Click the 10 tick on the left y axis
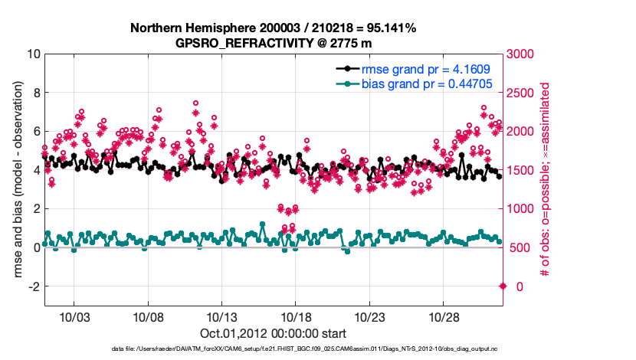[x=33, y=54]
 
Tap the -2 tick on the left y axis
[x=33, y=286]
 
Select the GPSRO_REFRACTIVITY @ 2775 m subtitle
[x=273, y=42]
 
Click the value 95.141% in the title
[x=388, y=28]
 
